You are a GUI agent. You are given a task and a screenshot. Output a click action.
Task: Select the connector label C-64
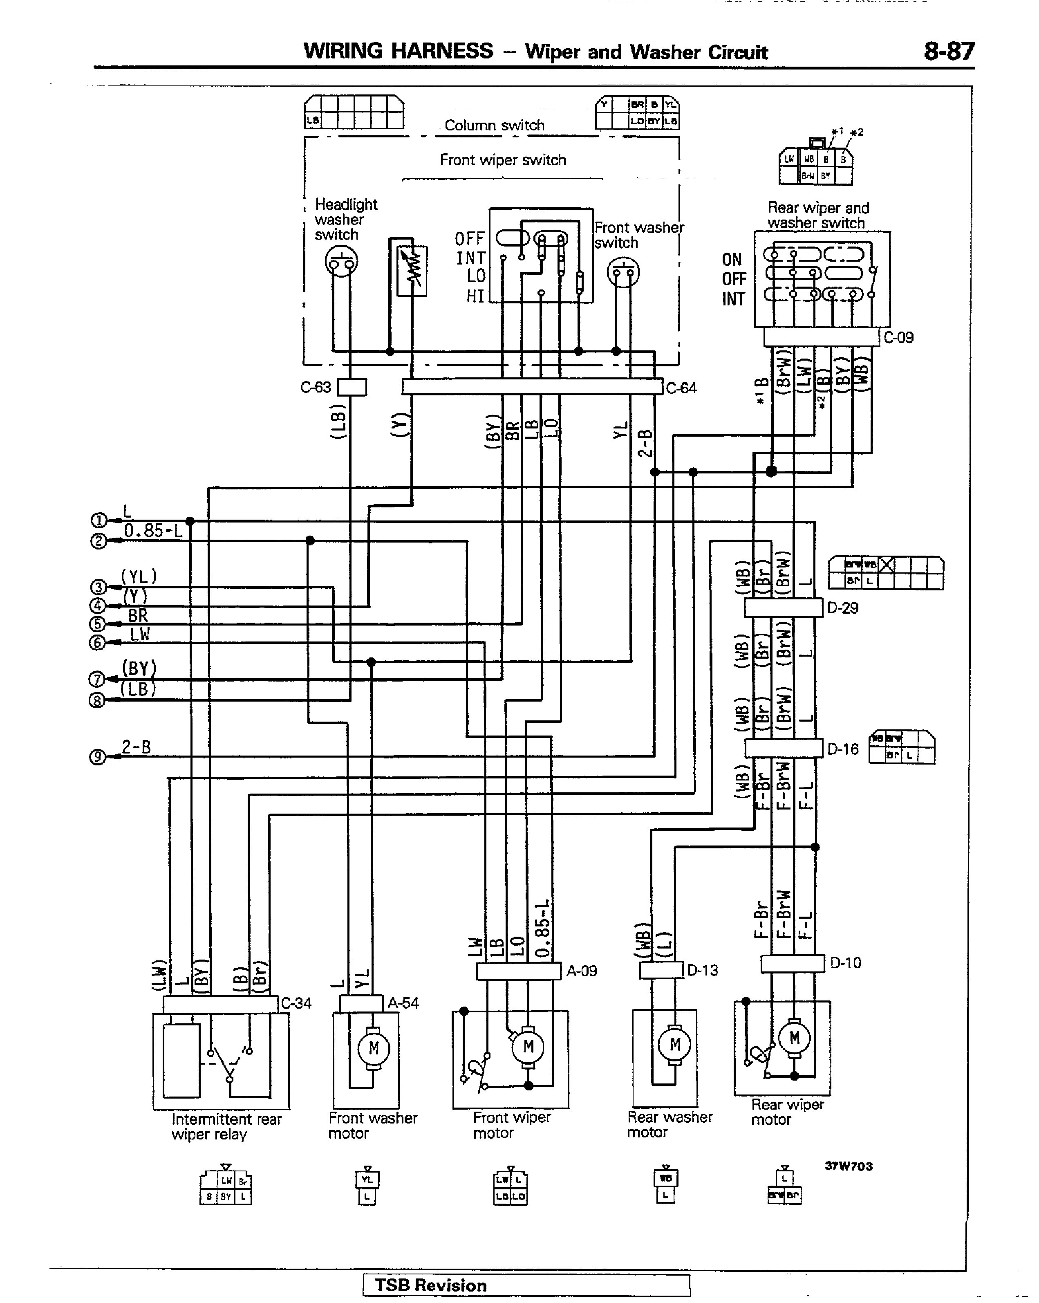[x=681, y=388]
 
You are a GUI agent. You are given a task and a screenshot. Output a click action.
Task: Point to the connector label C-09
[x=898, y=338]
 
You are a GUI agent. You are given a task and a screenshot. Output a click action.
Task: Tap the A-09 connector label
[x=581, y=971]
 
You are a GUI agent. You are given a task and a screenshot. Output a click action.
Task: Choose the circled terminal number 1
[x=98, y=521]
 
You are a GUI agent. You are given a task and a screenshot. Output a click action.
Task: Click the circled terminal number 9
[x=97, y=757]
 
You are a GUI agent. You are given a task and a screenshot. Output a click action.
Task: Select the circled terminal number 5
[x=97, y=624]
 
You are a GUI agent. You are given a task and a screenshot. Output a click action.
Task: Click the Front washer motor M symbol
[x=373, y=1048]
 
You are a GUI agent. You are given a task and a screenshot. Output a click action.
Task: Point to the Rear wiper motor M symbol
[x=794, y=1038]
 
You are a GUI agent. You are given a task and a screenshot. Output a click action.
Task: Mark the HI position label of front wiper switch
[x=475, y=296]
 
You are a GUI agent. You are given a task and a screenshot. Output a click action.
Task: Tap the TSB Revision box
[x=526, y=1285]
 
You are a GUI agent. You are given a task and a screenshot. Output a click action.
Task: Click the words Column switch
[x=494, y=125]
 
